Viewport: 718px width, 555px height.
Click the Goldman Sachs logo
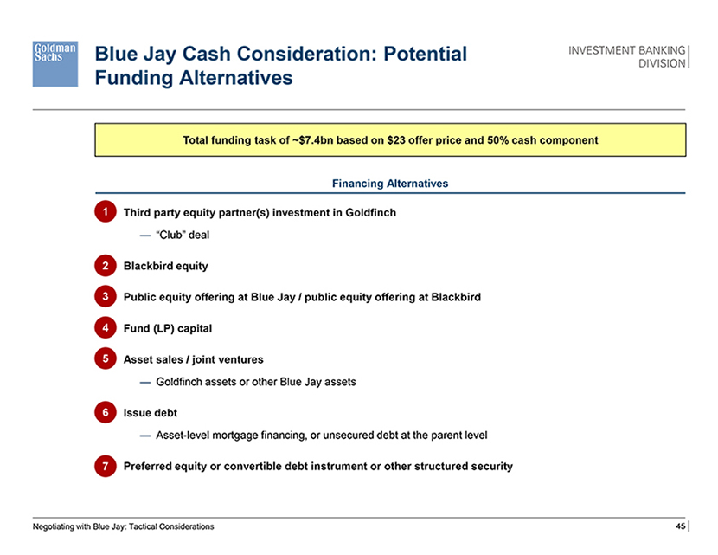pos(55,64)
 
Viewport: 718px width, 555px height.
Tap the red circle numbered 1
pos(106,212)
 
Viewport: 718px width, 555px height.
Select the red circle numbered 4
pos(106,327)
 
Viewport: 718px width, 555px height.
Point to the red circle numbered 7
pos(106,466)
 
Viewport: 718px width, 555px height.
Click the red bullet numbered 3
pos(106,296)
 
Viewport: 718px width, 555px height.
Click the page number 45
pos(681,526)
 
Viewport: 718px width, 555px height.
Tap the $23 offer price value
pos(396,140)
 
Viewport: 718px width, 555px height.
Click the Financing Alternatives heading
pos(390,184)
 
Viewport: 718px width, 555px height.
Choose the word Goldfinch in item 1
pos(370,213)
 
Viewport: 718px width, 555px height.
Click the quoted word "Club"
pos(170,235)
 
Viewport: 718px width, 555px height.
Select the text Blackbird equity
pos(166,267)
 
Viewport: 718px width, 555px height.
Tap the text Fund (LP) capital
pos(168,329)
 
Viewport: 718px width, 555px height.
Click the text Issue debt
pos(151,413)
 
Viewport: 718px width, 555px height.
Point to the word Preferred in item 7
pos(149,466)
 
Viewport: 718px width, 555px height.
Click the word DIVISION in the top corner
pos(662,63)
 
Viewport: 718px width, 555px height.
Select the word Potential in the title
pos(425,54)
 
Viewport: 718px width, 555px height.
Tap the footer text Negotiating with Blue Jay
pos(79,526)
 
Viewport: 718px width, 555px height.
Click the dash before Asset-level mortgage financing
pos(145,436)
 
